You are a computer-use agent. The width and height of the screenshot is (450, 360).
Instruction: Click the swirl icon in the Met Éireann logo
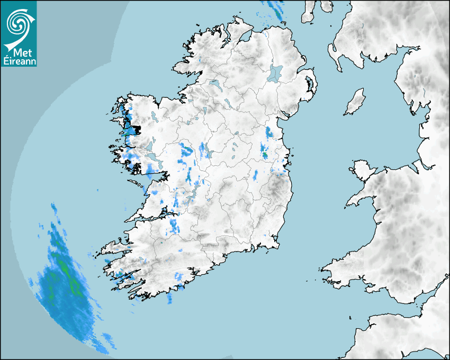click(x=18, y=23)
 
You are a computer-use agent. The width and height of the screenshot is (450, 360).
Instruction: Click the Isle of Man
click(x=355, y=102)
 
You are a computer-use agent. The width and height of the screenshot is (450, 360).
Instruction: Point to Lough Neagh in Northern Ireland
click(x=275, y=73)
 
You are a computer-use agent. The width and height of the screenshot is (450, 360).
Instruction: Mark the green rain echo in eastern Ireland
click(x=265, y=155)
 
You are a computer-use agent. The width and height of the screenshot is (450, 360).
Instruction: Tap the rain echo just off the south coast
click(x=170, y=299)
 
